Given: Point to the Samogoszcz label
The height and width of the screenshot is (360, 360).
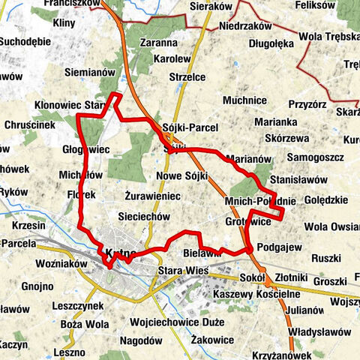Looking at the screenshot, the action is click(313, 157).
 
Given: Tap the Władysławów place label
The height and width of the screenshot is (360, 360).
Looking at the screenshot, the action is click(319, 331).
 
